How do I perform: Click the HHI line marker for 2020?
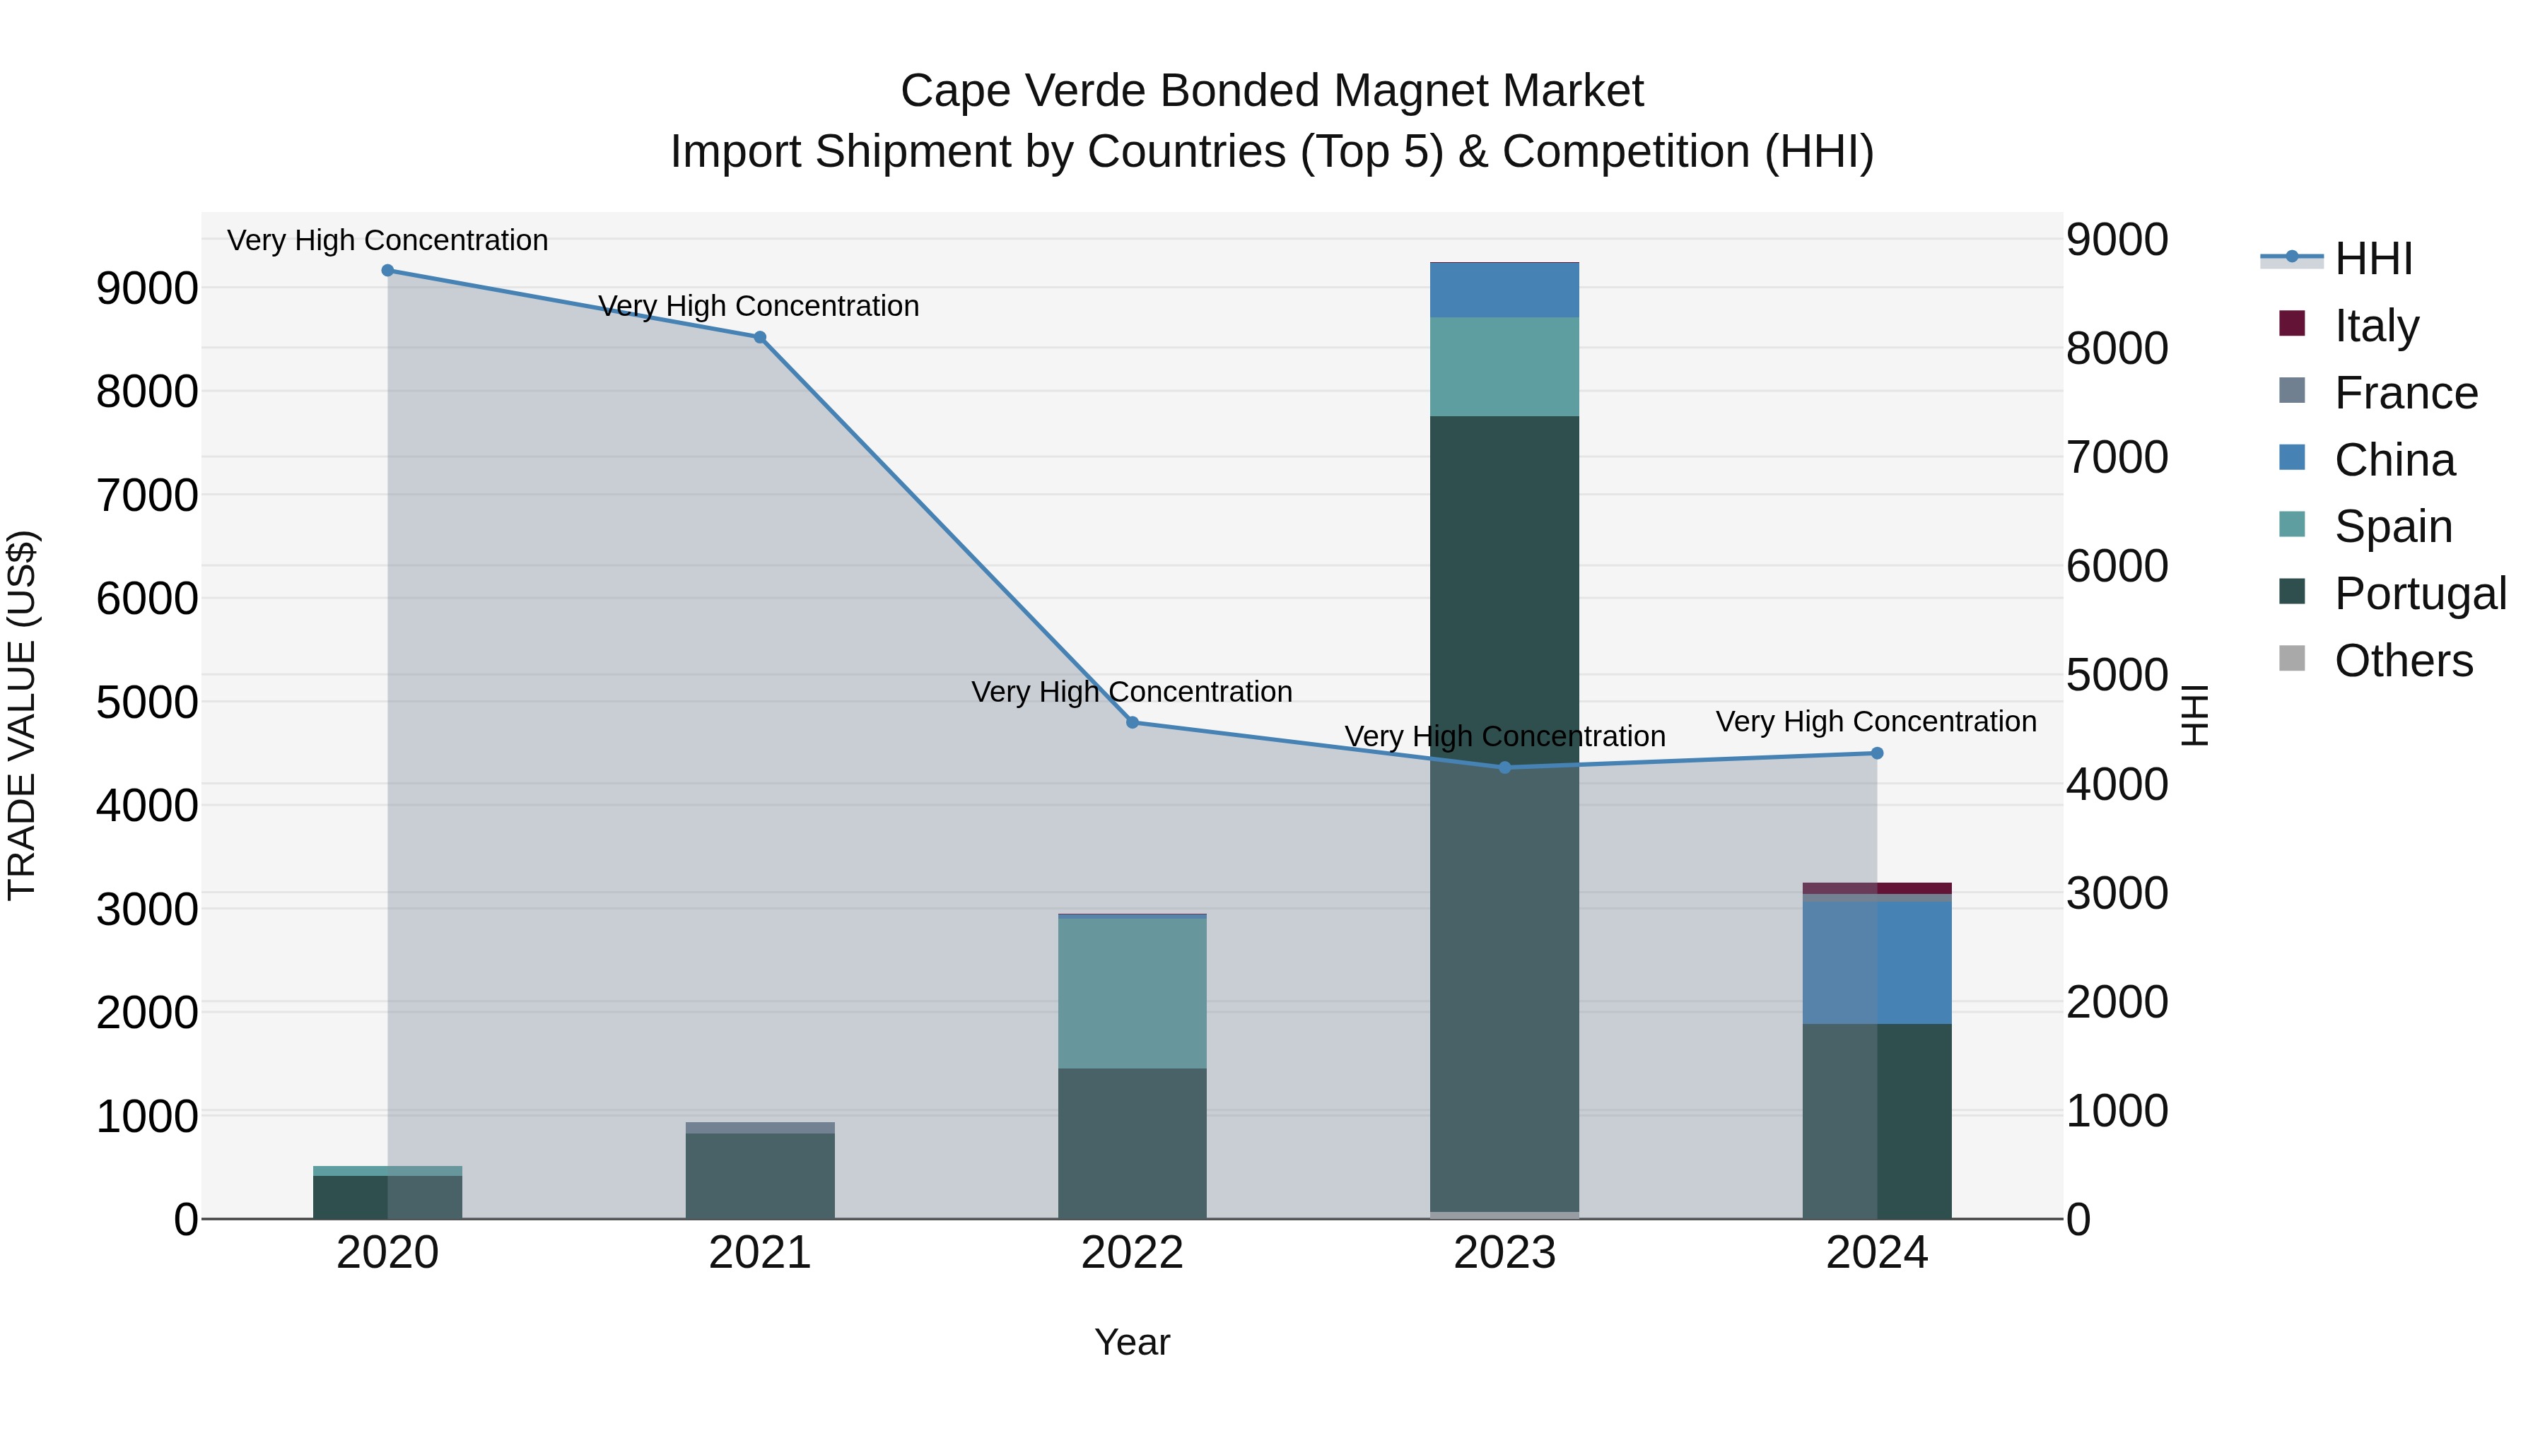pyautogui.click(x=387, y=271)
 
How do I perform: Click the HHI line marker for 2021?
pyautogui.click(x=760, y=337)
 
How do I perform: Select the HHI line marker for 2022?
pyautogui.click(x=1133, y=722)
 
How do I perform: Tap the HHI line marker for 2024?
pyautogui.click(x=1877, y=753)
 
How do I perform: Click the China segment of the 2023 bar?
pyautogui.click(x=1504, y=290)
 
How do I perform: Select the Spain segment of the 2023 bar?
pyautogui.click(x=1504, y=366)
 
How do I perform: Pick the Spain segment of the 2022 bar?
pyautogui.click(x=1133, y=993)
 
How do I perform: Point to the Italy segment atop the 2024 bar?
pyautogui.click(x=1877, y=888)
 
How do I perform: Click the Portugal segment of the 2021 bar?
pyautogui.click(x=760, y=1175)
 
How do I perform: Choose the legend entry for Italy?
pyautogui.click(x=2376, y=326)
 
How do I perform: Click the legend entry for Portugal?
pyautogui.click(x=2420, y=594)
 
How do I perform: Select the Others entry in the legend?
pyautogui.click(x=2403, y=661)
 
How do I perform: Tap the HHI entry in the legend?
pyautogui.click(x=2373, y=259)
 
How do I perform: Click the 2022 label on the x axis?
pyautogui.click(x=1133, y=1253)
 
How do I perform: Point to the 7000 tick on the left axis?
pyautogui.click(x=147, y=495)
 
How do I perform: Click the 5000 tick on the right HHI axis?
pyautogui.click(x=2116, y=676)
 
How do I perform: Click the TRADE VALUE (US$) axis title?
pyautogui.click(x=22, y=715)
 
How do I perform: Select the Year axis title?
pyautogui.click(x=1133, y=1342)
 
